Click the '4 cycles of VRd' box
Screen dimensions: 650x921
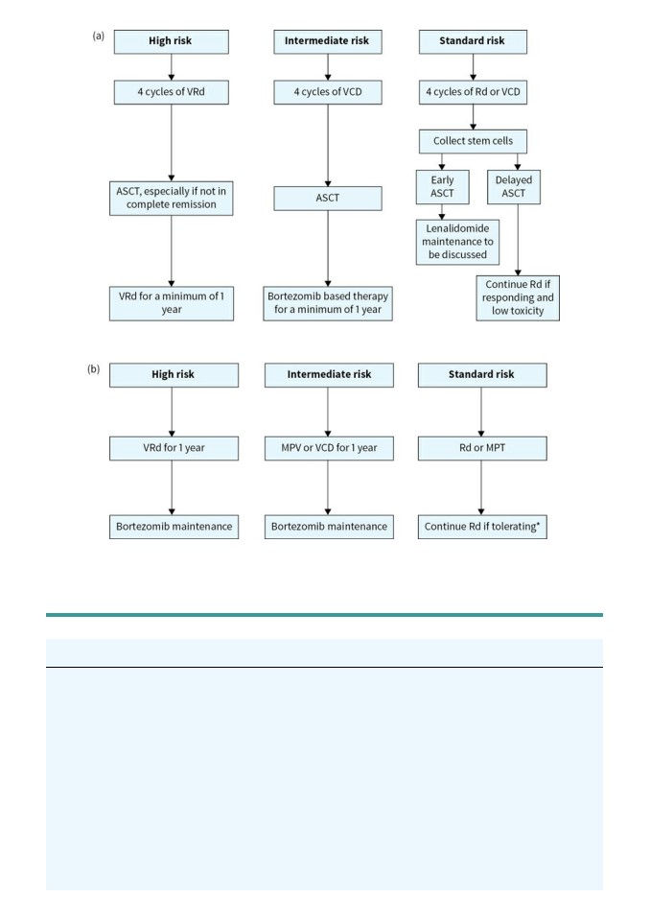(171, 92)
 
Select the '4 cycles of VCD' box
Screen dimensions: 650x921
(328, 92)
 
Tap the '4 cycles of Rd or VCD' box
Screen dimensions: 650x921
(473, 92)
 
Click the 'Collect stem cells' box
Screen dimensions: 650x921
(473, 141)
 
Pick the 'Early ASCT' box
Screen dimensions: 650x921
(442, 187)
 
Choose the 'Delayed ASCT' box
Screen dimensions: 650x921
(514, 187)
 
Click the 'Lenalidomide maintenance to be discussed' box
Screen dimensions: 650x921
(457, 242)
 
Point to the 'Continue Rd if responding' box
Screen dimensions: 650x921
(518, 297)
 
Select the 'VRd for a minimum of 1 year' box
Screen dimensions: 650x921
(171, 303)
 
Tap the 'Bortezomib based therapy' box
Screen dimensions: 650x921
(328, 303)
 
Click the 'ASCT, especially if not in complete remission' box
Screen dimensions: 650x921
(171, 198)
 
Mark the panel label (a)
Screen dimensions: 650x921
(98, 35)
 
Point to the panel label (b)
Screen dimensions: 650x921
(93, 369)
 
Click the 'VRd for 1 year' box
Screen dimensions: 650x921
(174, 448)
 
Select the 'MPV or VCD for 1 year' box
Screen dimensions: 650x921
(329, 448)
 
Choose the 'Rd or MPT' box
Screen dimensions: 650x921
(482, 448)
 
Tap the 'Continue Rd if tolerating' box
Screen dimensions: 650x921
(482, 527)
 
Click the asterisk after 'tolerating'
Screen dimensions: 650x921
(538, 524)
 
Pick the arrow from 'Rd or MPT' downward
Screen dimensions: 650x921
(481, 487)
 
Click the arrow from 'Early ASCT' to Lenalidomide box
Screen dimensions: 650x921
(442, 212)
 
